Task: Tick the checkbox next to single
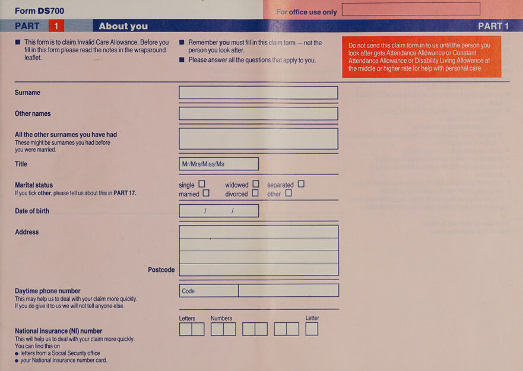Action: click(x=202, y=184)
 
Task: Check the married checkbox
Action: click(x=206, y=193)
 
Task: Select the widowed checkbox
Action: click(x=256, y=184)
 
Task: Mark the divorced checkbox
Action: click(x=255, y=193)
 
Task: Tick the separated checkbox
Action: click(x=301, y=184)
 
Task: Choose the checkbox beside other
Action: click(x=289, y=193)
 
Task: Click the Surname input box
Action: click(x=258, y=93)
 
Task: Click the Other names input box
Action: click(x=258, y=114)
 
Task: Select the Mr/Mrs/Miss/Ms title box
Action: click(x=219, y=164)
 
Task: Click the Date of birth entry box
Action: click(x=219, y=211)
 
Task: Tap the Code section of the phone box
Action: click(x=209, y=291)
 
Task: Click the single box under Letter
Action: click(x=312, y=329)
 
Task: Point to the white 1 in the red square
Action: click(x=56, y=26)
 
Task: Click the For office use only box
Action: click(x=411, y=9)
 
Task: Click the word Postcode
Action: click(x=161, y=269)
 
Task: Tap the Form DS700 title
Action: click(x=39, y=11)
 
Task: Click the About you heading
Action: click(x=123, y=26)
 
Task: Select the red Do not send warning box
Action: click(x=421, y=57)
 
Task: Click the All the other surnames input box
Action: click(x=258, y=139)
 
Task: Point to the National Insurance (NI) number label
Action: click(x=58, y=331)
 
